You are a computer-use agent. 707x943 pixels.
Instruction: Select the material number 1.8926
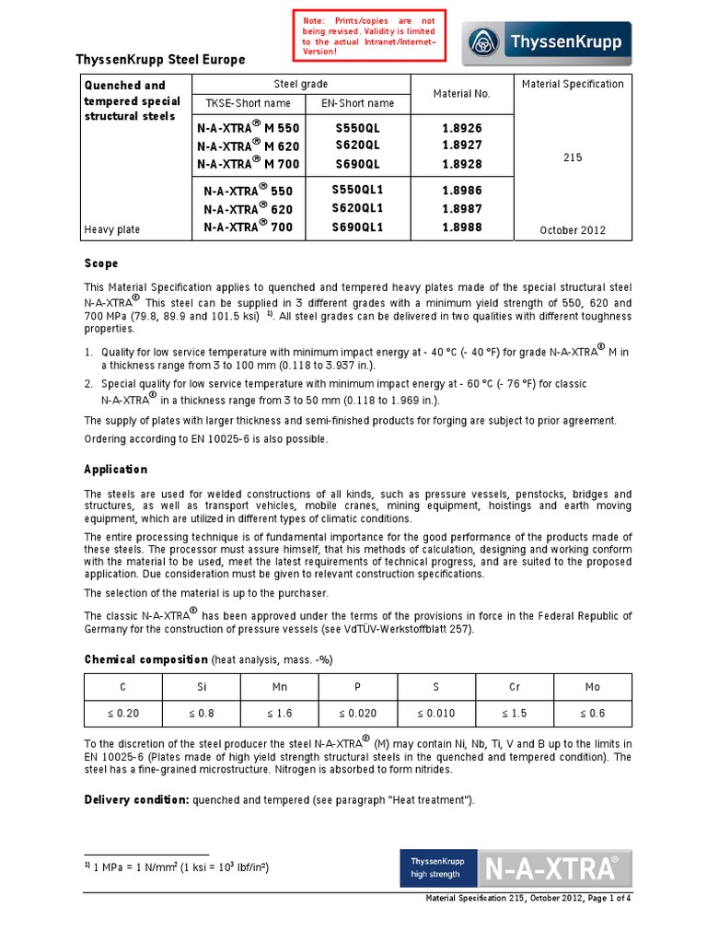tap(462, 129)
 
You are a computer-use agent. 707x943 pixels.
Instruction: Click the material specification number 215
tap(573, 157)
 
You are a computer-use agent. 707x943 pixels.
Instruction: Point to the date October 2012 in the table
tap(573, 230)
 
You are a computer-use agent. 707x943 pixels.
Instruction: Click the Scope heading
tap(101, 263)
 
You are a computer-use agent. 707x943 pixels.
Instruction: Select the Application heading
tap(116, 469)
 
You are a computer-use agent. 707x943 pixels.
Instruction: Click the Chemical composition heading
tap(146, 659)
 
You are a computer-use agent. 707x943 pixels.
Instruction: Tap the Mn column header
tap(279, 687)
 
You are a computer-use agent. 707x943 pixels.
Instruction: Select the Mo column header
tap(593, 687)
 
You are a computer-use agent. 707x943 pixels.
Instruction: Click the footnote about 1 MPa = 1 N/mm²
tap(177, 868)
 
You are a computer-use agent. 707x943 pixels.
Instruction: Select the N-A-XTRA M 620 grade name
tap(248, 146)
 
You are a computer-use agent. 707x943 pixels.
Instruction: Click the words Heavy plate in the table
tap(112, 229)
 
